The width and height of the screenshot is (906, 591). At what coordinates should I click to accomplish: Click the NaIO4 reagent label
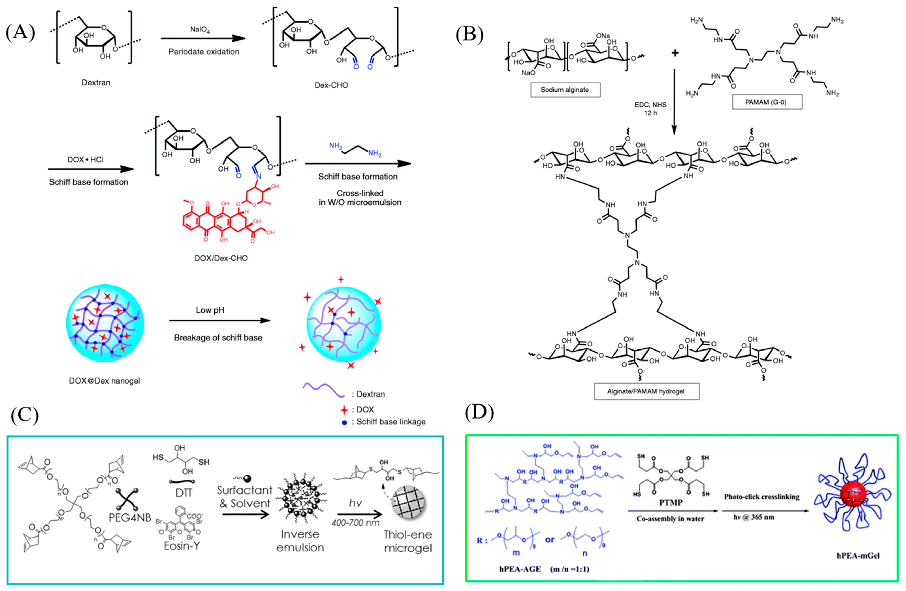pos(200,29)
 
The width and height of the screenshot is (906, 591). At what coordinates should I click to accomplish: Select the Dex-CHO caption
pos(331,85)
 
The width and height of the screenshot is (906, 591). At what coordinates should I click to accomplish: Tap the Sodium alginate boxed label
pos(565,90)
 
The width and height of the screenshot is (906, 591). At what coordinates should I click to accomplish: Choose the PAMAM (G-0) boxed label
pos(767,102)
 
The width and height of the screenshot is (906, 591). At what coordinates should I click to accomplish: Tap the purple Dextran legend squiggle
pos(323,390)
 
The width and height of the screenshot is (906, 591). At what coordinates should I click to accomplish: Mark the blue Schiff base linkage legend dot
pos(344,422)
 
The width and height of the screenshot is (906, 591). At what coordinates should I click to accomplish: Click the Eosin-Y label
pos(181,546)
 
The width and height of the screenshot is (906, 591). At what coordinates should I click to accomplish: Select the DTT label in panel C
pos(184,493)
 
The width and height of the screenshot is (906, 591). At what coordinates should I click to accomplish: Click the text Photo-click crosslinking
pos(762,497)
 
